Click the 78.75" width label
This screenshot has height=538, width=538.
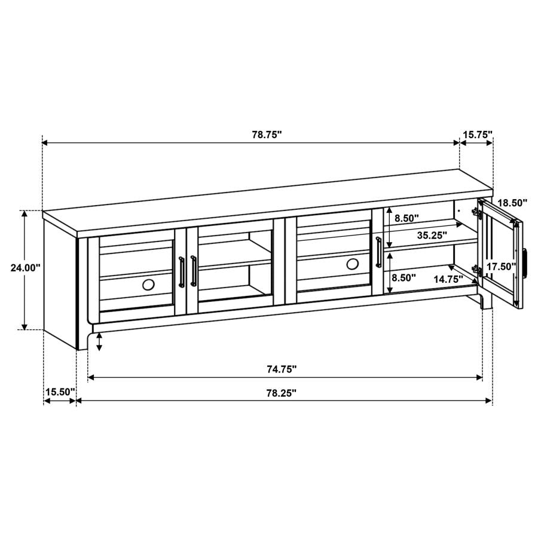pyautogui.click(x=266, y=135)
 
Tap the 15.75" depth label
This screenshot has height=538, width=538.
pyautogui.click(x=477, y=135)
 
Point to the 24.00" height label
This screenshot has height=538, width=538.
pyautogui.click(x=25, y=268)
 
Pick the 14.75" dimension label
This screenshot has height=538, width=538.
pyautogui.click(x=449, y=278)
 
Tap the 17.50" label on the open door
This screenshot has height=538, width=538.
pyautogui.click(x=501, y=267)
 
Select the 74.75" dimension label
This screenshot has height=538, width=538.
pyautogui.click(x=282, y=369)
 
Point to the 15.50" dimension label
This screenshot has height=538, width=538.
pyautogui.click(x=60, y=392)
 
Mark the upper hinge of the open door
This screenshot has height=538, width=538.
pyautogui.click(x=477, y=213)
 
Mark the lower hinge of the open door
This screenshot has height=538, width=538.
pyautogui.click(x=477, y=270)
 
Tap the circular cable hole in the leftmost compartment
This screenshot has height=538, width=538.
pyautogui.click(x=148, y=285)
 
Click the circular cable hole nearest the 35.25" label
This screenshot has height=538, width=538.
pyautogui.click(x=353, y=264)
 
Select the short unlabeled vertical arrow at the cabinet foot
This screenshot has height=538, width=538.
pyautogui.click(x=99, y=342)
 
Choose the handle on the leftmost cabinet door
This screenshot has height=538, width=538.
pyautogui.click(x=181, y=272)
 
